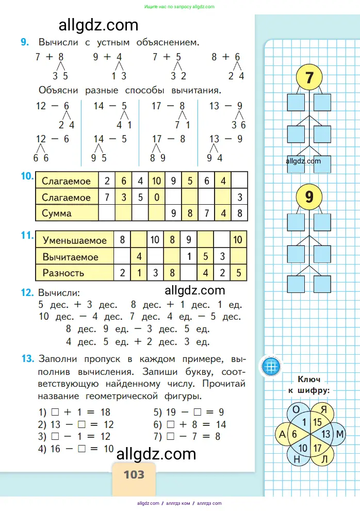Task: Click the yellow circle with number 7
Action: point(309,78)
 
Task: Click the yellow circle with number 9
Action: point(309,197)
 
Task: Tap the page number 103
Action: point(134,473)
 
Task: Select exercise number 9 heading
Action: point(25,42)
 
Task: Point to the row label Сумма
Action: point(57,213)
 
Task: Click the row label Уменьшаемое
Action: point(75,240)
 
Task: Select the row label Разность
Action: point(63,273)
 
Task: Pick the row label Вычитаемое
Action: point(71,257)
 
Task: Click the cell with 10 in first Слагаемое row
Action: point(157,181)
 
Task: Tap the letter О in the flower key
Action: point(296,409)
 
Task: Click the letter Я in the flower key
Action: point(324,410)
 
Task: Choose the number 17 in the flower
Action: point(318,449)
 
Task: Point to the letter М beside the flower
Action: point(340,435)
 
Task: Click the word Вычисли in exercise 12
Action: point(58,292)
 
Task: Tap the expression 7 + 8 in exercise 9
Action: point(49,57)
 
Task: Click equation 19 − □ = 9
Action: point(188,412)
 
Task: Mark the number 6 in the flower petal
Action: point(294,435)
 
